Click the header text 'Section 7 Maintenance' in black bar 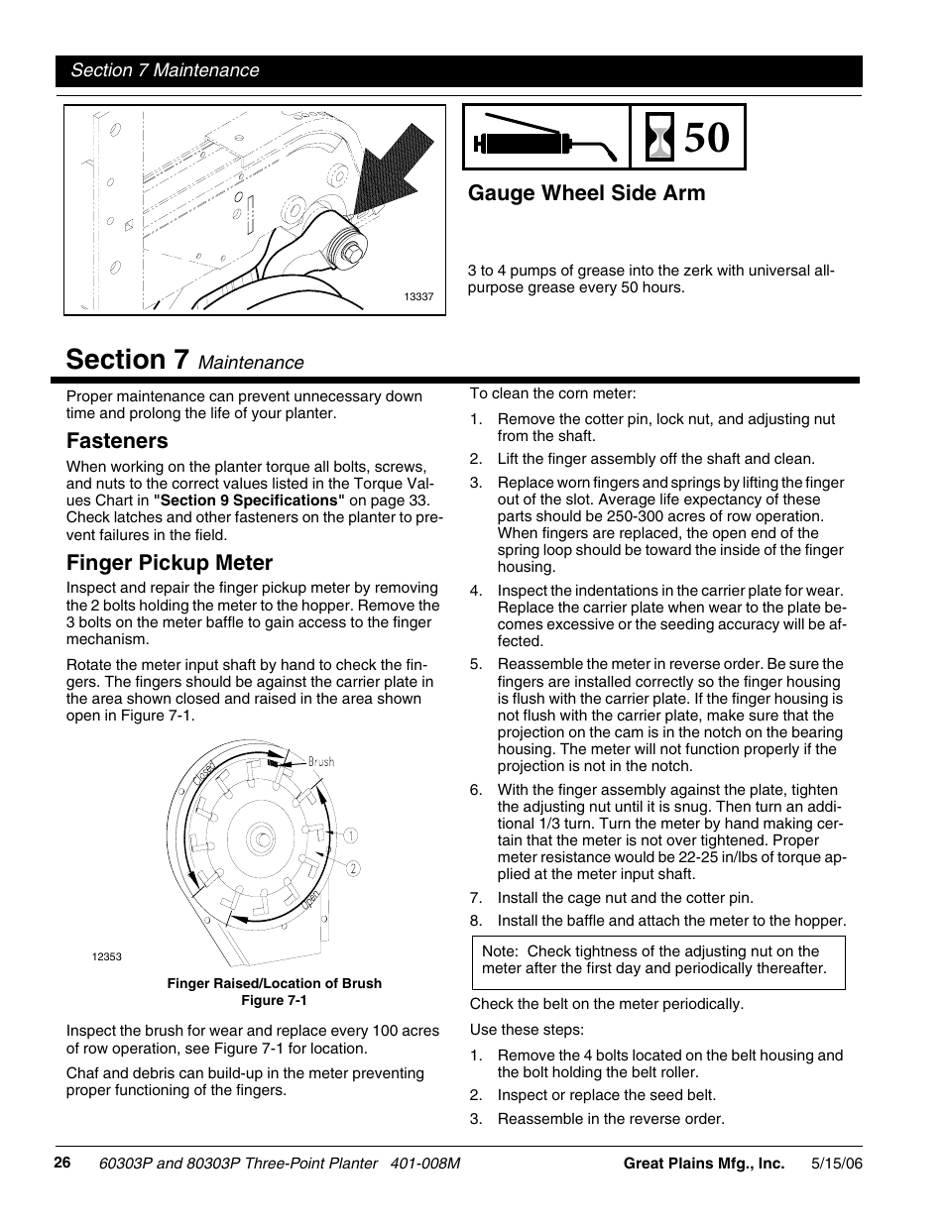164,70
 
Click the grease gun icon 543,139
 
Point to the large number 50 712,138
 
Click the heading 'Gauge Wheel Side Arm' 586,193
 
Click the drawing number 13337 418,296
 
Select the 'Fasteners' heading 117,441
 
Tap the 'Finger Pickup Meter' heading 170,563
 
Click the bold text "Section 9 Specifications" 249,501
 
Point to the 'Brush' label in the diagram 320,762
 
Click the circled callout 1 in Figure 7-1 351,835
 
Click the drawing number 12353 106,956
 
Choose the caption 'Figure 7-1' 274,1000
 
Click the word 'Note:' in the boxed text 501,951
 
